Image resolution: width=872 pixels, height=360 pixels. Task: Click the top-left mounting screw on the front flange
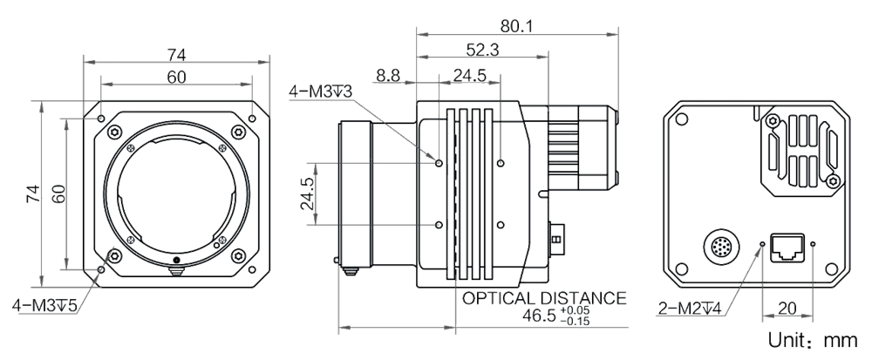(114, 131)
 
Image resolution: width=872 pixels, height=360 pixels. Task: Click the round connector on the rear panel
(721, 244)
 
